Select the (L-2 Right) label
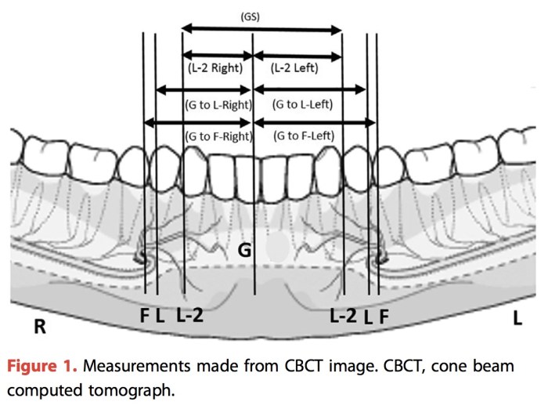pyautogui.click(x=216, y=68)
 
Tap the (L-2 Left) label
pyautogui.click(x=294, y=68)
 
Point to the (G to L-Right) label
pyautogui.click(x=218, y=103)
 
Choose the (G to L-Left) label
pyautogui.click(x=302, y=103)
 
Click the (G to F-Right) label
pyautogui.click(x=218, y=136)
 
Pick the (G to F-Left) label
pyautogui.click(x=303, y=136)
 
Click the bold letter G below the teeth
pyautogui.click(x=244, y=252)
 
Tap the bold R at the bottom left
pyautogui.click(x=40, y=327)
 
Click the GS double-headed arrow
pyautogui.click(x=262, y=30)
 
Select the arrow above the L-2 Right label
pyautogui.click(x=217, y=55)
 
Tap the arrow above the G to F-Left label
pyautogui.click(x=314, y=121)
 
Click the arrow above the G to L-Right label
pyautogui.click(x=204, y=90)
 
